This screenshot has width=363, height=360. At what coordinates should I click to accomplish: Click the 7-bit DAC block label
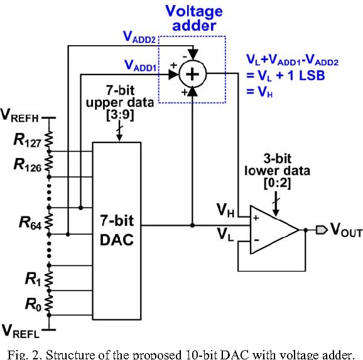117,230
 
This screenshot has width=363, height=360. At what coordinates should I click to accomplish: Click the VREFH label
19,115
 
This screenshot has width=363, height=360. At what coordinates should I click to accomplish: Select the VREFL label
20,332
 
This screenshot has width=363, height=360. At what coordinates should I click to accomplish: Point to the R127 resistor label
27,140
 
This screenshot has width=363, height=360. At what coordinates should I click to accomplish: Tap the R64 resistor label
30,223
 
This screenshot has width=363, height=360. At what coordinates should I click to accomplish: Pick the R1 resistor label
33,278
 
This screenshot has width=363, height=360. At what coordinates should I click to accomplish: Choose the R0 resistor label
33,304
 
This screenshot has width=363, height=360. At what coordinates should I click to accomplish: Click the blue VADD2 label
139,37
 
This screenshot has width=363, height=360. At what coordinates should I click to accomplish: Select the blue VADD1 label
141,65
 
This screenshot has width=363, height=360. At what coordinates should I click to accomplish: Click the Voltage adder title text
194,18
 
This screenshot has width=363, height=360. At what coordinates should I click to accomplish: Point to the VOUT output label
346,230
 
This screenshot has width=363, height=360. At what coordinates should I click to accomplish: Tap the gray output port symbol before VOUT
322,230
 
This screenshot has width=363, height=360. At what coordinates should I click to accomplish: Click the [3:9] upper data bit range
120,114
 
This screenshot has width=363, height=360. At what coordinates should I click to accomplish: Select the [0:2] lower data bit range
277,183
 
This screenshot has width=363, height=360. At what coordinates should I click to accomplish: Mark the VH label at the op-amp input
225,211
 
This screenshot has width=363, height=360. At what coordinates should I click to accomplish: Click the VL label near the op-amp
225,234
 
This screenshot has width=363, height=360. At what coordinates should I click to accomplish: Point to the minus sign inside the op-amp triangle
256,240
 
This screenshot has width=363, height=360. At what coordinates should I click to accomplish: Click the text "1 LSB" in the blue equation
306,75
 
